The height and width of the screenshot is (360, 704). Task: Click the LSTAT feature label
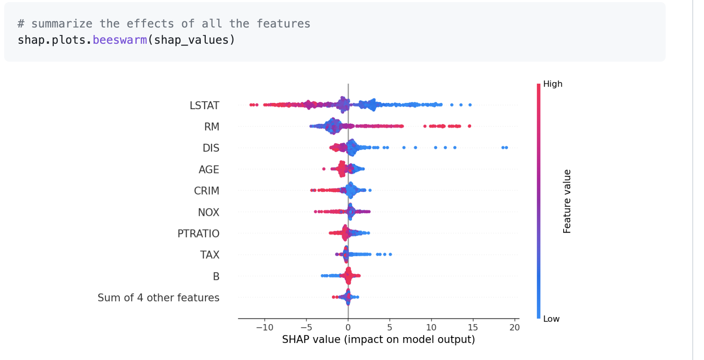click(204, 105)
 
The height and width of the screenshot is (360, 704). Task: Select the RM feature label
click(212, 127)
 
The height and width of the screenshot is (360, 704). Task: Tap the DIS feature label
click(211, 148)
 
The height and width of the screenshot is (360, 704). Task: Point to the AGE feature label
click(209, 170)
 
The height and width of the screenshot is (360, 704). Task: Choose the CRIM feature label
click(206, 191)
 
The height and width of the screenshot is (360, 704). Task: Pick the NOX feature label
click(208, 212)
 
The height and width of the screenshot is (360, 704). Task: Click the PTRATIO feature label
click(198, 234)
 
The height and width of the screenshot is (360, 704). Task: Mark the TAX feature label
click(210, 255)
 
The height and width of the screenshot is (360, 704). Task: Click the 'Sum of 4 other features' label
click(158, 297)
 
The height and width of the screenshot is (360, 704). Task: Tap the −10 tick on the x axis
click(265, 327)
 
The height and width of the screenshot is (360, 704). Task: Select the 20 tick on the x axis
click(514, 327)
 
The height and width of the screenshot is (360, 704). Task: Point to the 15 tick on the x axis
click(473, 327)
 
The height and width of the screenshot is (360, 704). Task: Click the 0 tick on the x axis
click(348, 327)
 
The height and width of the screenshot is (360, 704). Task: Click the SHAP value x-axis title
click(378, 340)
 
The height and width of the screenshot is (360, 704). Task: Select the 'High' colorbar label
click(553, 84)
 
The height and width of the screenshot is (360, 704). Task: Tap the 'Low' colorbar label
click(551, 319)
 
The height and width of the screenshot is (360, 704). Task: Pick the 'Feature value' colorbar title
click(567, 201)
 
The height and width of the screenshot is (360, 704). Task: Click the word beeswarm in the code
click(120, 40)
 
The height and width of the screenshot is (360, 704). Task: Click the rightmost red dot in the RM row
click(469, 126)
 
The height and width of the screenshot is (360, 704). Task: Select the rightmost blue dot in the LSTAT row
click(470, 105)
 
